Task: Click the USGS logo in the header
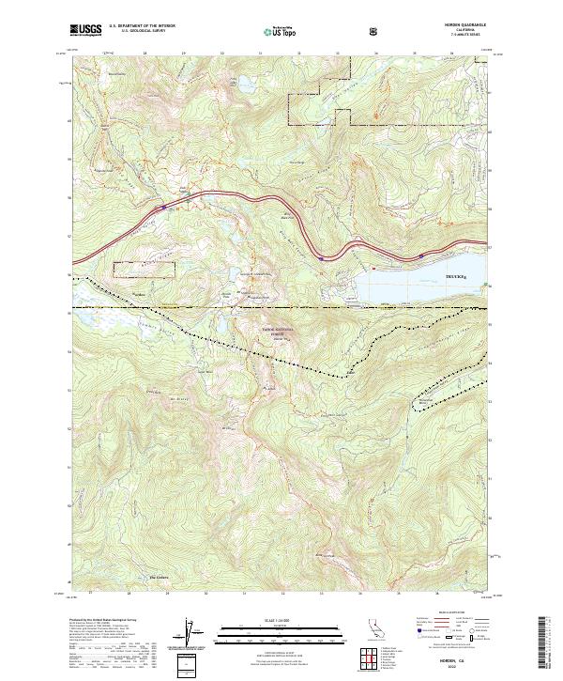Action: (87, 31)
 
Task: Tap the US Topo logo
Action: (278, 32)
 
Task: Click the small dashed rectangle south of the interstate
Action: (144, 269)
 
